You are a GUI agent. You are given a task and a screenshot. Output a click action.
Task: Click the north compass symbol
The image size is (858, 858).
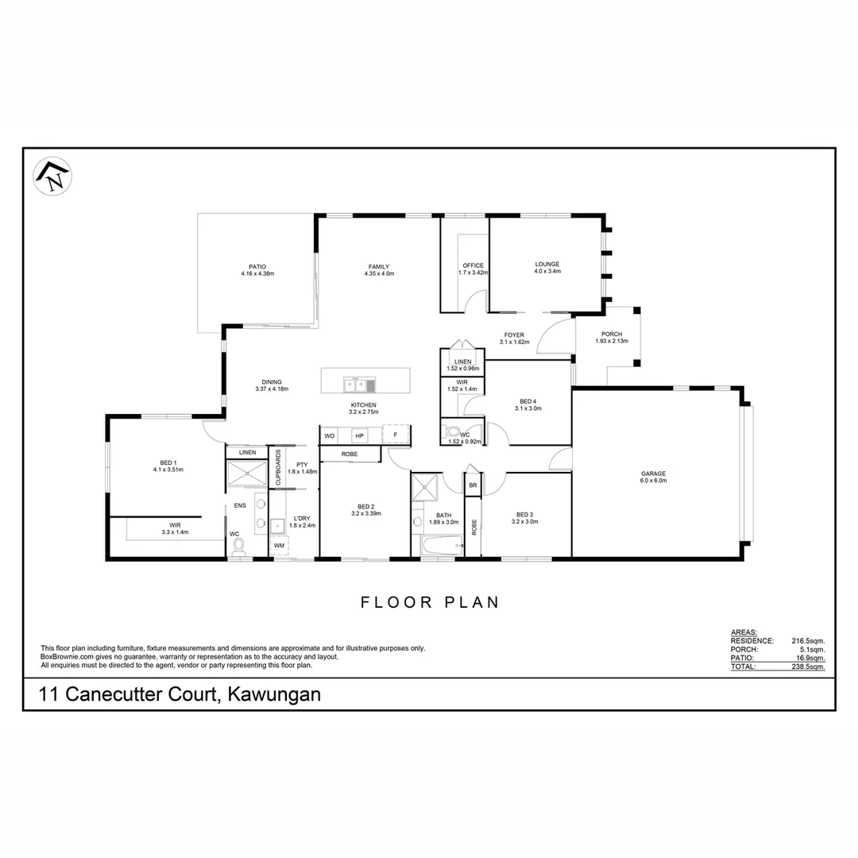pyautogui.click(x=52, y=176)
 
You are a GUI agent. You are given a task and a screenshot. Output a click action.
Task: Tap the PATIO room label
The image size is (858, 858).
pyautogui.click(x=257, y=267)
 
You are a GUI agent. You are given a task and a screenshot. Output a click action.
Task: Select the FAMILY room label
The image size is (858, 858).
pyautogui.click(x=378, y=267)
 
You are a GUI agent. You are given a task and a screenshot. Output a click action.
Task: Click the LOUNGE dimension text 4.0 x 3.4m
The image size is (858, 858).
pyautogui.click(x=547, y=272)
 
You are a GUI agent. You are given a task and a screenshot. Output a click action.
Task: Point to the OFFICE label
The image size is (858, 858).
pyautogui.click(x=473, y=265)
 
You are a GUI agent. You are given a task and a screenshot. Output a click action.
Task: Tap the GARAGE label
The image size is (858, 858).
pyautogui.click(x=654, y=473)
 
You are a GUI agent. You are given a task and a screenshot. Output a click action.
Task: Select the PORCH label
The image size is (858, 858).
pyautogui.click(x=611, y=334)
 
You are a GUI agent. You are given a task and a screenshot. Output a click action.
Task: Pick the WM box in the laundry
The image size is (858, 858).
pyautogui.click(x=279, y=546)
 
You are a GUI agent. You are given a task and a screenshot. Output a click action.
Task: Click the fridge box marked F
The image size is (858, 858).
pyautogui.click(x=395, y=435)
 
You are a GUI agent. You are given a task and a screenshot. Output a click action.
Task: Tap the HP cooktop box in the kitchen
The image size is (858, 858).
pyautogui.click(x=359, y=435)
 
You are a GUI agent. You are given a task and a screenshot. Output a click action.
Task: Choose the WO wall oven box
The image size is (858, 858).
pyautogui.click(x=329, y=435)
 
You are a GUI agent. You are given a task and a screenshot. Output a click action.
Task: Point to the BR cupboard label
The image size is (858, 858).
pyautogui.click(x=473, y=485)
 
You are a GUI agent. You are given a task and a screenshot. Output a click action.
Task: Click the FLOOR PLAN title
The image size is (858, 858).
pyautogui.click(x=430, y=602)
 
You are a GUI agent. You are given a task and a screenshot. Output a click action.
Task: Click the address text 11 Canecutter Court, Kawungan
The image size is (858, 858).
pyautogui.click(x=180, y=694)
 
